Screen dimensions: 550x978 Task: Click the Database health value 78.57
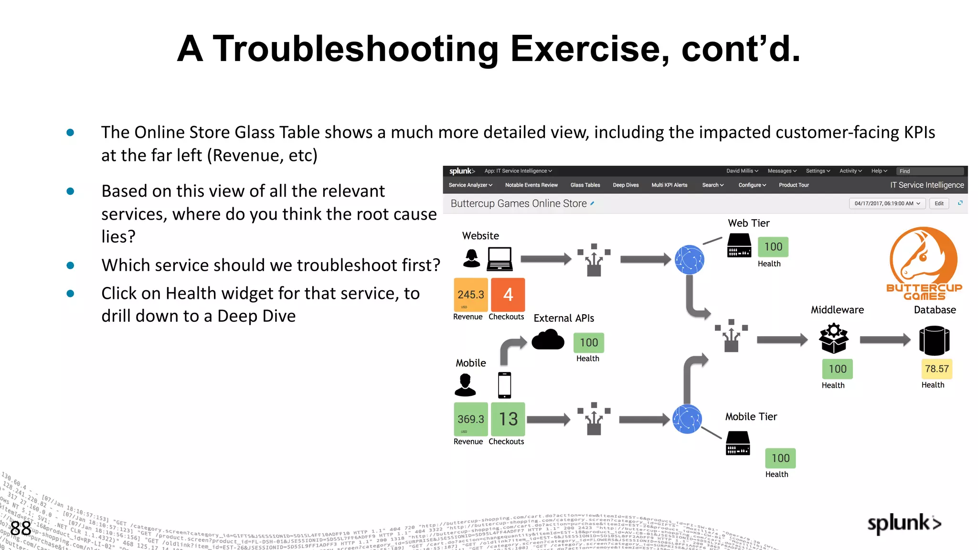pyautogui.click(x=936, y=369)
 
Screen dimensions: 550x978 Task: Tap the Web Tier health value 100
pyautogui.click(x=773, y=247)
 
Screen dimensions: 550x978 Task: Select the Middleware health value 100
pyautogui.click(x=837, y=369)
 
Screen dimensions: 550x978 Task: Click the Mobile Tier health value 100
pyautogui.click(x=780, y=458)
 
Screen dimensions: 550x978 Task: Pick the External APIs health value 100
pyautogui.click(x=588, y=343)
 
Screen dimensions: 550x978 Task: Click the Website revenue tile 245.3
pyautogui.click(x=470, y=295)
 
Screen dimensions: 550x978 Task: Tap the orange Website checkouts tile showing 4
pyautogui.click(x=508, y=295)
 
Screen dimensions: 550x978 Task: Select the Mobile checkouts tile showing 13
pyautogui.click(x=508, y=419)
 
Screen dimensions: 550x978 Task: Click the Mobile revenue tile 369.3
pyautogui.click(x=470, y=419)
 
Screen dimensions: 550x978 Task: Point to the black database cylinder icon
pyautogui.click(x=934, y=340)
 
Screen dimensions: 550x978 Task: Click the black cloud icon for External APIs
pyautogui.click(x=548, y=340)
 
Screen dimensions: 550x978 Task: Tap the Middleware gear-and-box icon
pyautogui.click(x=833, y=338)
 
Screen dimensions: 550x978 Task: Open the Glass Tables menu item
pyautogui.click(x=585, y=185)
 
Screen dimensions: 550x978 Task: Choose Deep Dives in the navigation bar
pyautogui.click(x=626, y=185)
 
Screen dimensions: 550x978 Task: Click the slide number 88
pyautogui.click(x=21, y=528)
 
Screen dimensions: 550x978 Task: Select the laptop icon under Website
pyautogui.click(x=500, y=259)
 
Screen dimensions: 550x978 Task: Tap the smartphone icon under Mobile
pyautogui.click(x=504, y=385)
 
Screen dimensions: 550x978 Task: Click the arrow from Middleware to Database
pyautogui.click(x=885, y=340)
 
